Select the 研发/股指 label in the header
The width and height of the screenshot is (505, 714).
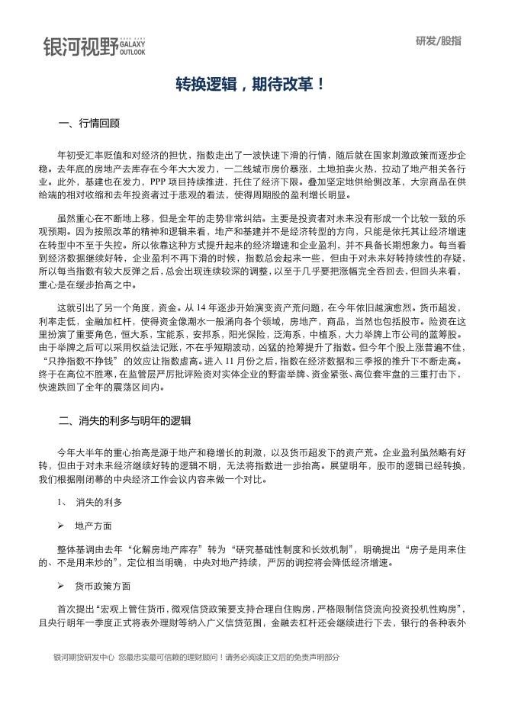pos(439,41)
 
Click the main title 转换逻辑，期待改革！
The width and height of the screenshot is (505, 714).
pos(251,84)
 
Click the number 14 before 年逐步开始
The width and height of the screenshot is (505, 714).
pos(214,307)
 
